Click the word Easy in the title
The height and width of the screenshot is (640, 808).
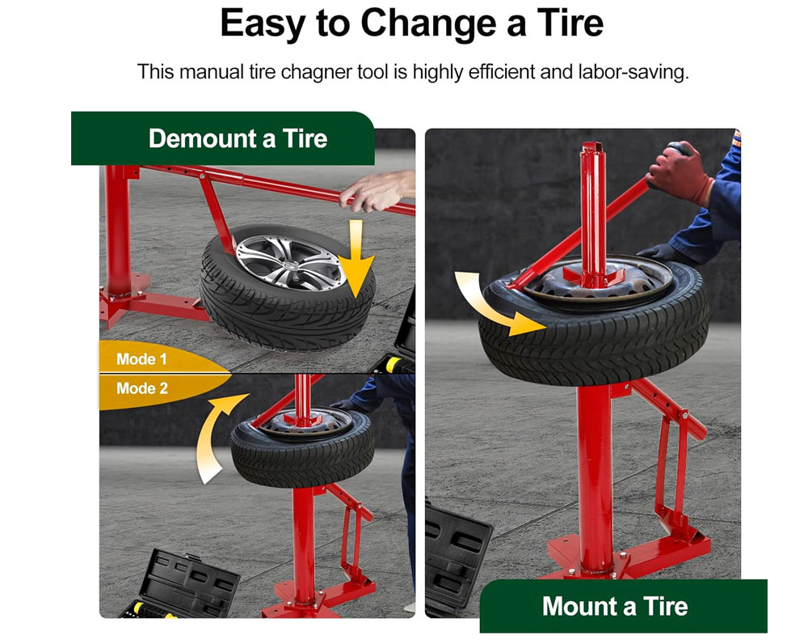(x=263, y=24)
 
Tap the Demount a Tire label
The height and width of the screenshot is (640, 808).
(x=238, y=139)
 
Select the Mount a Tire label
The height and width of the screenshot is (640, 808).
(x=615, y=606)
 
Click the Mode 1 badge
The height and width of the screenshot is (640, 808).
(x=141, y=359)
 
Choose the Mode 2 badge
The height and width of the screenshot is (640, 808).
(x=142, y=388)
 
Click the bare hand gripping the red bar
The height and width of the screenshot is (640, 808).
(x=377, y=192)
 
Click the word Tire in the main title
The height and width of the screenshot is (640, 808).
(x=570, y=24)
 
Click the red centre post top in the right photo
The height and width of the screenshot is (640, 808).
(x=592, y=150)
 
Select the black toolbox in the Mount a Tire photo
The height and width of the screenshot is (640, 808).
(x=456, y=557)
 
